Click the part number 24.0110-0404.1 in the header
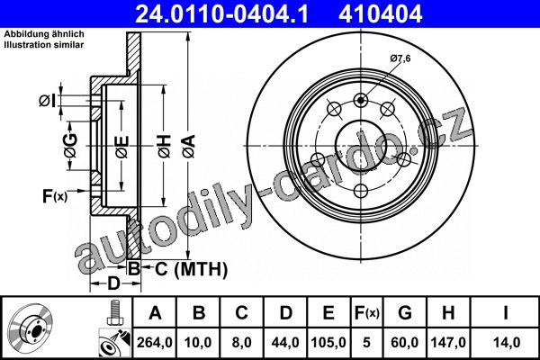pos(221,13)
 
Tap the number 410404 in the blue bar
pos(380,13)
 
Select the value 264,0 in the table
pos(154,342)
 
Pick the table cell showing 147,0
pos(448,342)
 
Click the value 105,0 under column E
pos(328,342)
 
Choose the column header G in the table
pos(405,313)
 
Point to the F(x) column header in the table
pos(367,313)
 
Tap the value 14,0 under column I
pos(507,342)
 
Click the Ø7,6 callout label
pos(400,58)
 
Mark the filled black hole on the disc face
pos(361,101)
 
